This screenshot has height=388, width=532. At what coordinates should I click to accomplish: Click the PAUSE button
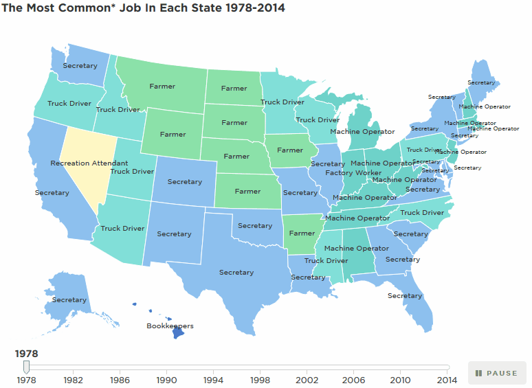point(496,373)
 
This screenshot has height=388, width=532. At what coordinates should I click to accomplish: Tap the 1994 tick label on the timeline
point(214,379)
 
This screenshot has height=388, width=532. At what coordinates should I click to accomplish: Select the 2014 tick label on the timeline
point(447,379)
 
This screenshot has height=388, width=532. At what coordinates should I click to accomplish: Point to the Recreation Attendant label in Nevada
point(89,163)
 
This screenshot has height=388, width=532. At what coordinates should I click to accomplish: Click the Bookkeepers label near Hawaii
point(170,326)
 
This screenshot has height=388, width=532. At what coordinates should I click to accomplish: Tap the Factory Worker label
point(353,172)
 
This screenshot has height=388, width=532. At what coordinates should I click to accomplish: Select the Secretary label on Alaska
point(69,299)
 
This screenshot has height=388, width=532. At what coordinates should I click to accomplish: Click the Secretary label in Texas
point(236,272)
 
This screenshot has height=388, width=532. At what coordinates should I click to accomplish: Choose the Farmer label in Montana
point(162,87)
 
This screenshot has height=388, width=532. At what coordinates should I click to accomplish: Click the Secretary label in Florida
point(404,295)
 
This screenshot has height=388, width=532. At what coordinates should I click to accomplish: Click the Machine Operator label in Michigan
point(362,131)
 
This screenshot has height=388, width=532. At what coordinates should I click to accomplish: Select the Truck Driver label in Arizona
point(122,228)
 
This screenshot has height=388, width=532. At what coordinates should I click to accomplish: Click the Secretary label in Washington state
point(80,65)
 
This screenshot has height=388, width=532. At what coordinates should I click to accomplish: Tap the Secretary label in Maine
point(481,82)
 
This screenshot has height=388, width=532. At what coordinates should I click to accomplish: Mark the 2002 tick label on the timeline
point(307,379)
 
